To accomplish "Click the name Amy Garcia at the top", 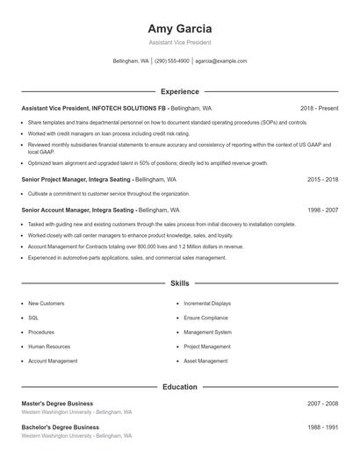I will pos(180,28).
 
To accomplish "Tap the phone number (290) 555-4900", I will pos(172,61).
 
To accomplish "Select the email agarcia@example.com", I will pos(221,61).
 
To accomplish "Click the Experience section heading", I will pos(180,91).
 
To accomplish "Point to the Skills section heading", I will pos(180,283).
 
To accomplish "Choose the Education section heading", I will pos(180,386).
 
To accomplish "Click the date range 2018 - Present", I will pos(319,108).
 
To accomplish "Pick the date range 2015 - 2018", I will pos(322,179).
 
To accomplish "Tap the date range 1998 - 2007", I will pos(322,211).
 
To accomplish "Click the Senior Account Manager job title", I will pos(78,211).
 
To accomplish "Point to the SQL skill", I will pos(33,318).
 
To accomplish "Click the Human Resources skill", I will pos(48,347).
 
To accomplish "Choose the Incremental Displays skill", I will pos(207,304).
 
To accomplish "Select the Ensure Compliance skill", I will pos(205,318).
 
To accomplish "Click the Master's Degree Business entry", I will pos(57,403).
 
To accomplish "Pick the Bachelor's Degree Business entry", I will pos(60,426).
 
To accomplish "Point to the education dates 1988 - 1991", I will pos(322,426).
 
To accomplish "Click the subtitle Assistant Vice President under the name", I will pos(180,42).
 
